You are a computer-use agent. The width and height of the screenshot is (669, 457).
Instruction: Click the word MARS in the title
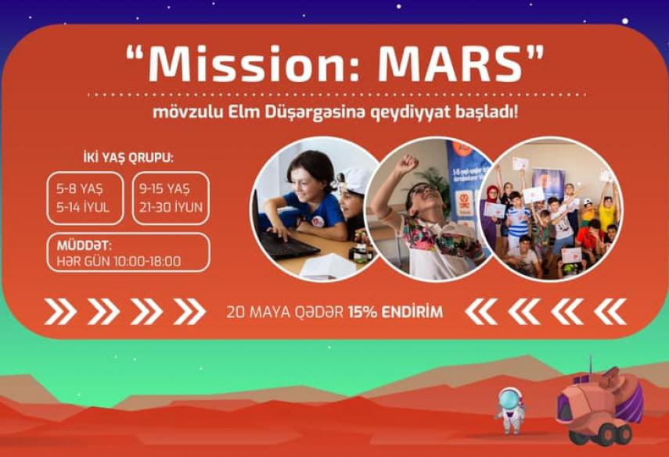point(451,64)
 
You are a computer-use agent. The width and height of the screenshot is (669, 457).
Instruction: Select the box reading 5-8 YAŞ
point(85,198)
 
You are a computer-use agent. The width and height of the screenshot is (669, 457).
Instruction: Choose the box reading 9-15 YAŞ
point(171,198)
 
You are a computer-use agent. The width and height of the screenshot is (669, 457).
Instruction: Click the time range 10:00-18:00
point(148,261)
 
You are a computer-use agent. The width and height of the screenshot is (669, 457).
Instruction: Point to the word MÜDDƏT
point(84,245)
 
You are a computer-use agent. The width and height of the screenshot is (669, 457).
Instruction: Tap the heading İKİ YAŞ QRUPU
point(128,158)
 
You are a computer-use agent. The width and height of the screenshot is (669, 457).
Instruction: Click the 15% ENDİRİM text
point(395,312)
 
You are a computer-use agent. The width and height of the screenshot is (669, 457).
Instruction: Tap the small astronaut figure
point(509,410)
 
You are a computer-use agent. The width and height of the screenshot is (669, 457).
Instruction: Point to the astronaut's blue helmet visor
point(509,400)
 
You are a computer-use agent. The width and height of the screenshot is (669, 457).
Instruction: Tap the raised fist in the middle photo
point(407,163)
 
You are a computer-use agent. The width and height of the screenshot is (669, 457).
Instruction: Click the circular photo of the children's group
point(551,209)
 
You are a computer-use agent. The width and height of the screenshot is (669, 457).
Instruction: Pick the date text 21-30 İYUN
point(171,208)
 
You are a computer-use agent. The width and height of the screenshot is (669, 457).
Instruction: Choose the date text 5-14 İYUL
point(83,208)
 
